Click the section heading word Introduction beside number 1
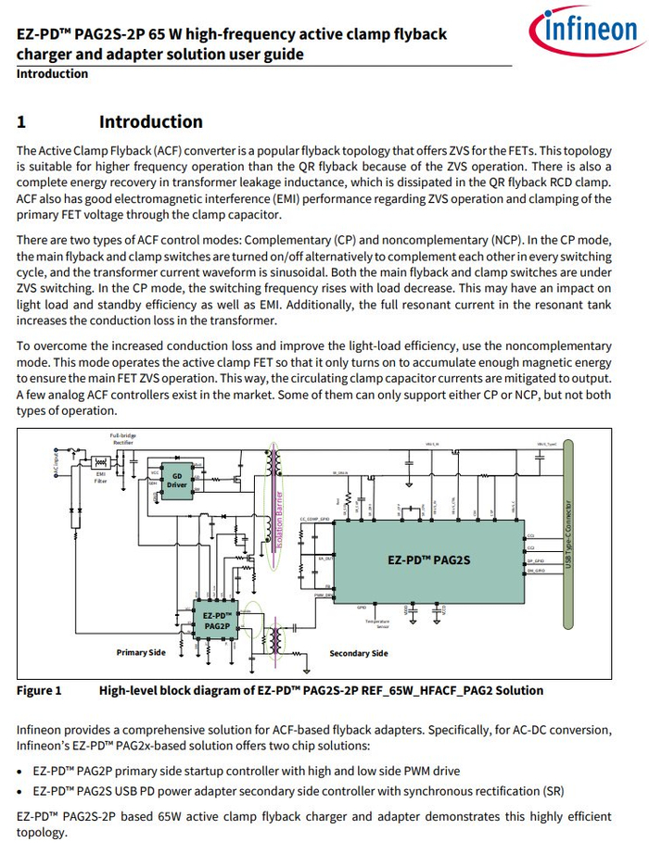150,121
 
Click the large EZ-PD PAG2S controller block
428,559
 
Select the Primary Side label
141,653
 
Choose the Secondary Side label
359,654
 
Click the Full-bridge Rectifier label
122,438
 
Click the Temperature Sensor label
376,624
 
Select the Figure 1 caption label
39,690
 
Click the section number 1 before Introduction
21,122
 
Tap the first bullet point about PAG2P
20,771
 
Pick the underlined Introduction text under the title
52,74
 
